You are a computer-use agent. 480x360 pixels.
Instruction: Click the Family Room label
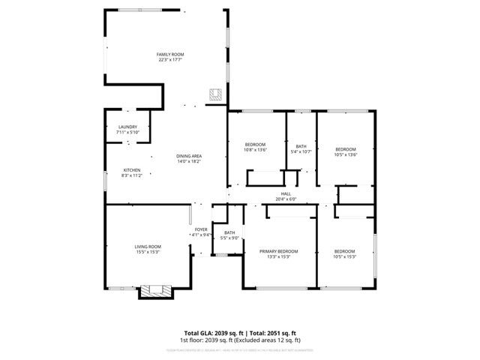coord(170,55)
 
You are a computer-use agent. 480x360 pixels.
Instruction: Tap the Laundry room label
coord(127,127)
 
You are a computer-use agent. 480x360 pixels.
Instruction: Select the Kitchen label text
coord(132,170)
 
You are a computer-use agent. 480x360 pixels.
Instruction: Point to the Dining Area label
coord(189,156)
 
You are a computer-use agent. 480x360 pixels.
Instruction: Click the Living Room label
coord(148,247)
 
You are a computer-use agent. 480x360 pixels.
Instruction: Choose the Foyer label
coord(201,229)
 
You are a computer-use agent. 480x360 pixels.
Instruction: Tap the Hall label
coord(286,194)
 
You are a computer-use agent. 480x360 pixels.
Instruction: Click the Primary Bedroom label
coord(278,250)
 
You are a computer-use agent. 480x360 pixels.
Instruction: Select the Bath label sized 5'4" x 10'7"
coord(301,146)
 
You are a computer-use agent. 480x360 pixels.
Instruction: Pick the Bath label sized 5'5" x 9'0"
coord(229,233)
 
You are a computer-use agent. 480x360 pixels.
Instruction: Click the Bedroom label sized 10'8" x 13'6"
coord(256,144)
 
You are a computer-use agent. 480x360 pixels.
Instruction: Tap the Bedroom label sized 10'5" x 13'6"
coord(346,149)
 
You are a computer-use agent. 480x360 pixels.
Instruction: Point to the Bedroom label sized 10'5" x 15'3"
coord(344,250)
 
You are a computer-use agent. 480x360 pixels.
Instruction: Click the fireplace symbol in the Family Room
coord(216,94)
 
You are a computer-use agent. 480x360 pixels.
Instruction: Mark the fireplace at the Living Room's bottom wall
coord(155,290)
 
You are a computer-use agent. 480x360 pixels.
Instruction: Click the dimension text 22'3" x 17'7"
coord(170,60)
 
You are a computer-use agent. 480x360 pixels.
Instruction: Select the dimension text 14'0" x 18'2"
coord(189,161)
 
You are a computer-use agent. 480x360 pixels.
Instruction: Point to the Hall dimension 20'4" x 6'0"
coord(286,199)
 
